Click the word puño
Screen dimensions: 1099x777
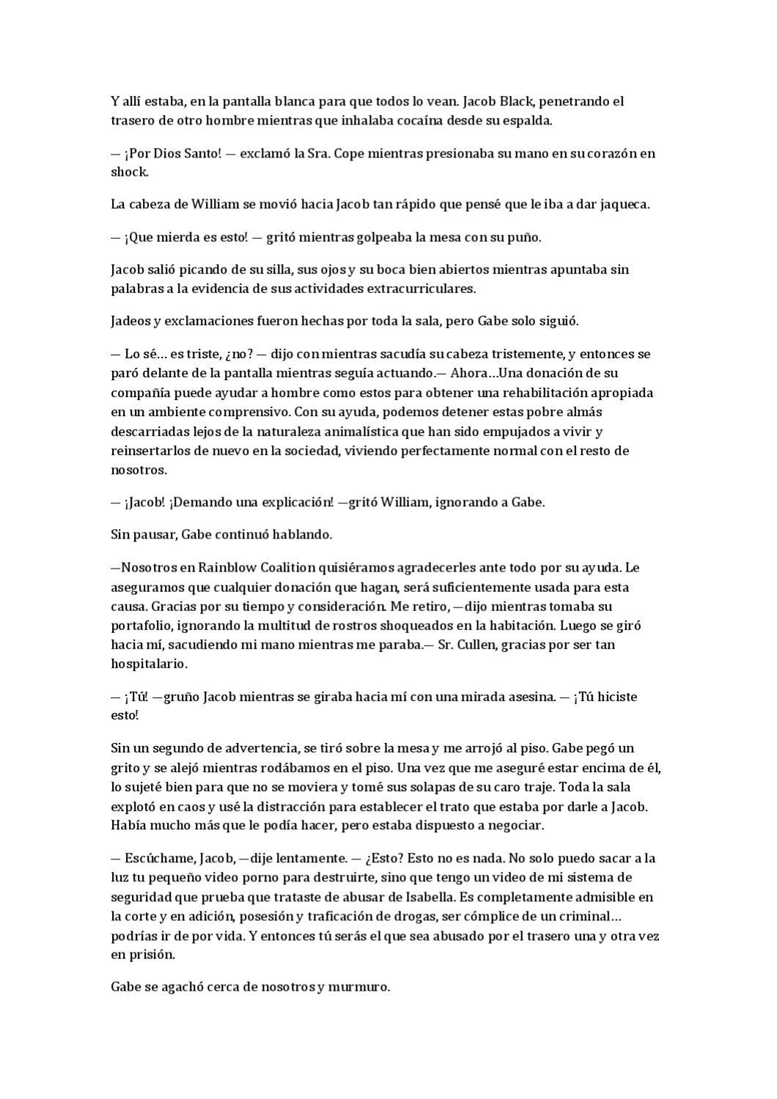pyautogui.click(x=526, y=237)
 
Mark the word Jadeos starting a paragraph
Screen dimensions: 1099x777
pyautogui.click(x=129, y=321)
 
